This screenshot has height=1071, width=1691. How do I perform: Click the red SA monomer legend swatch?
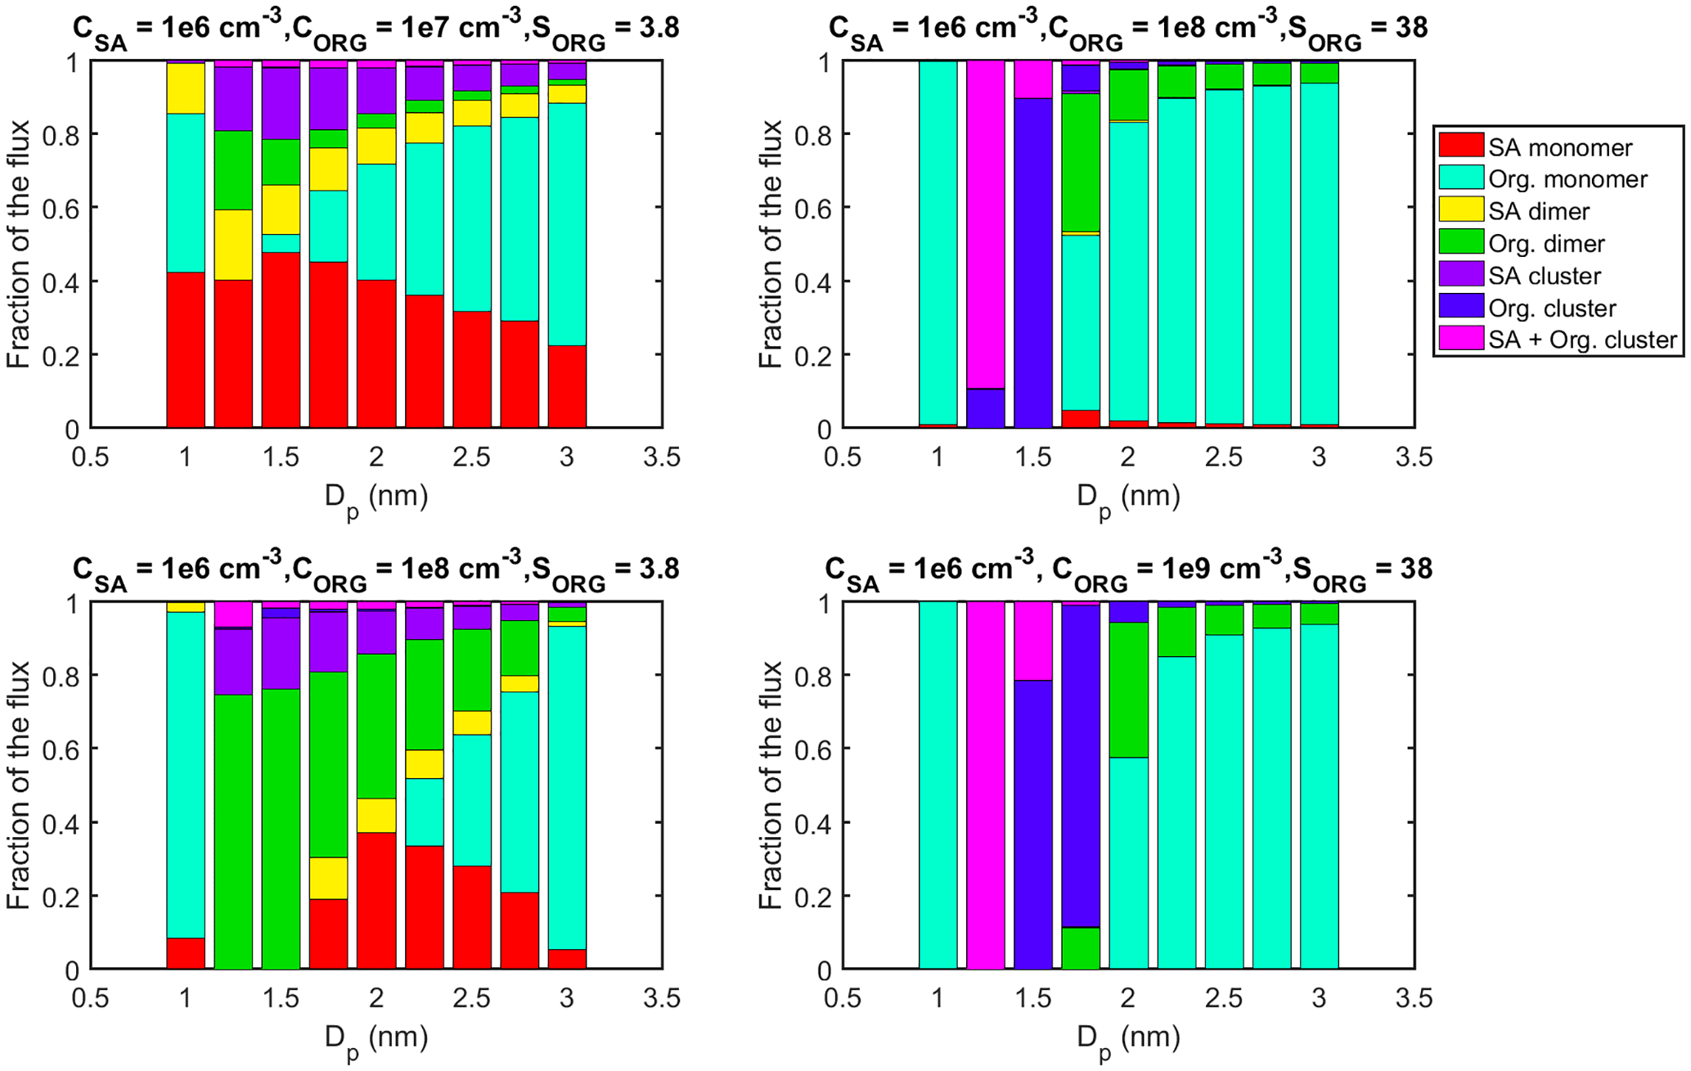[x=1461, y=146]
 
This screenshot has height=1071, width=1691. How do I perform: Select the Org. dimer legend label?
[x=1546, y=243]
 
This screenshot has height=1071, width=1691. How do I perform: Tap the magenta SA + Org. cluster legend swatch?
[x=1461, y=339]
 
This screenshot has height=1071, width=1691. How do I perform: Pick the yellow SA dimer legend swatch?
[x=1461, y=209]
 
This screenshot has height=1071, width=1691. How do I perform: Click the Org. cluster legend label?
[x=1552, y=308]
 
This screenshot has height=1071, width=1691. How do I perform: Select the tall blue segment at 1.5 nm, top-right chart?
[x=1033, y=262]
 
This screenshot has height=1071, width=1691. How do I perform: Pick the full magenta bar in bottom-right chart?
[x=986, y=785]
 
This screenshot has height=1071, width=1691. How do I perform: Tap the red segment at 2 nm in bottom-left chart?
[x=376, y=900]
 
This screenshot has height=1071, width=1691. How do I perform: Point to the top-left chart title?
[x=376, y=29]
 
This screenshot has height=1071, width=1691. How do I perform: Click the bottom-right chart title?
[x=1128, y=569]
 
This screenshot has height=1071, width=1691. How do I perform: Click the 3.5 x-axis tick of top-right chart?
[x=1414, y=457]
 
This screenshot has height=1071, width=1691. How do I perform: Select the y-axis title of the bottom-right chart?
[x=771, y=785]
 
